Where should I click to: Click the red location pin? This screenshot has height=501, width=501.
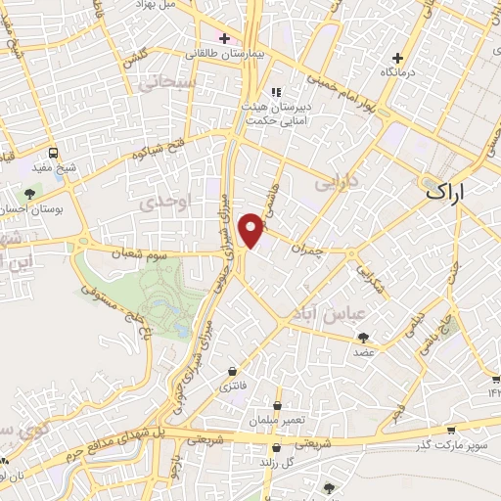point(251,229)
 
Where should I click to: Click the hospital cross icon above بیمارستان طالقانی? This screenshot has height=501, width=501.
point(224,39)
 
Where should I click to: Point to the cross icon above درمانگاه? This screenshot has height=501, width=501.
point(397,58)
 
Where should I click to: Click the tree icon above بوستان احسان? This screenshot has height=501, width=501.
point(30,194)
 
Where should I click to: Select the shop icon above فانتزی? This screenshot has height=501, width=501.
point(231,372)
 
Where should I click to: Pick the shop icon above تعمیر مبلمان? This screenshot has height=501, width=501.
point(278,405)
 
